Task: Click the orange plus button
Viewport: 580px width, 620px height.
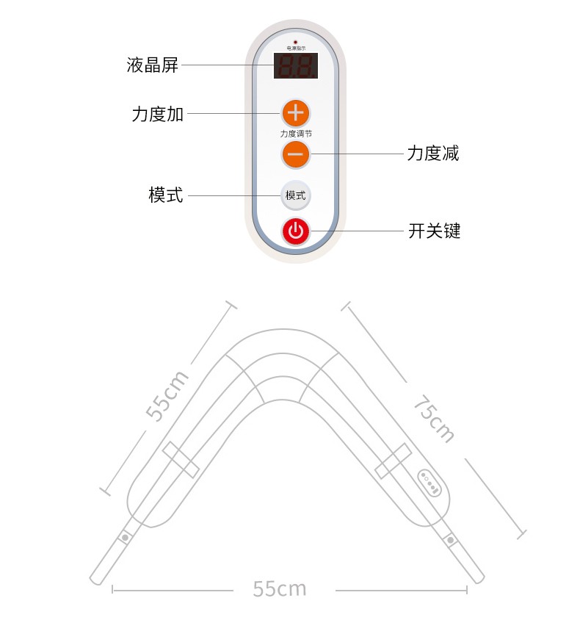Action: (x=295, y=113)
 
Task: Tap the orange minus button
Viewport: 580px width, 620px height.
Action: (x=295, y=154)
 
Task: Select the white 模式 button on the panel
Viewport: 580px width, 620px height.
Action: (x=295, y=195)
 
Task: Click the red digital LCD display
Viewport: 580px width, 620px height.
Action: (x=296, y=66)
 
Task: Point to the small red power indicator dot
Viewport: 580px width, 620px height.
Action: (x=295, y=42)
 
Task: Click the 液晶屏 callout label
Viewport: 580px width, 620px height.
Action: (x=153, y=65)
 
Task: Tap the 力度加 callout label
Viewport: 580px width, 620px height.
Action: (x=158, y=114)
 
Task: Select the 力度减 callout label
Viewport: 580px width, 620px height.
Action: (x=433, y=154)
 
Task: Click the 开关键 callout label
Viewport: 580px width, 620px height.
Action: (x=434, y=231)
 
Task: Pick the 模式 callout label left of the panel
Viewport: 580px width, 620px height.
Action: (x=166, y=195)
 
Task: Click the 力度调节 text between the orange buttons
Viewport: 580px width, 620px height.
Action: (x=295, y=134)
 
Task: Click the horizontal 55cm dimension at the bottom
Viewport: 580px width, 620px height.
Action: (x=280, y=588)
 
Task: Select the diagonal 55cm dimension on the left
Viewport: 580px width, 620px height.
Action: (x=168, y=396)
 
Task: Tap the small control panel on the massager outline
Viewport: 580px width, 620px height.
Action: (x=429, y=483)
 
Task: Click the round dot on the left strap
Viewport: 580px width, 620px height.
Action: (x=126, y=537)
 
